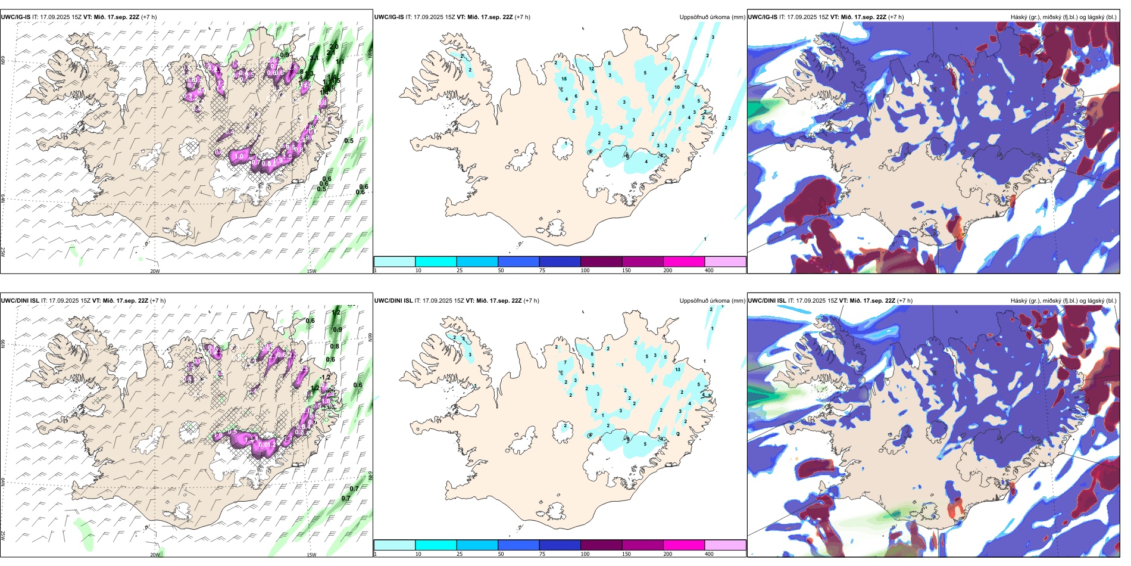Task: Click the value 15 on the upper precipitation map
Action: [x=564, y=79]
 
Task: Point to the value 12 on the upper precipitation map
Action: [x=591, y=69]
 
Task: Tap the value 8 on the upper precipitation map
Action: [x=609, y=63]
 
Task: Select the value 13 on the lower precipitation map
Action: [x=678, y=369]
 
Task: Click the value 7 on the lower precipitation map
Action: [x=565, y=362]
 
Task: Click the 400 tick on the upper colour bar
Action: [x=709, y=270]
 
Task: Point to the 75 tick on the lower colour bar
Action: [x=542, y=554]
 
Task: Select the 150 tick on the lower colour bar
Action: [x=626, y=554]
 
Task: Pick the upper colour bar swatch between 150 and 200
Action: [x=684, y=262]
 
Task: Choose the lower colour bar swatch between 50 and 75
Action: [x=518, y=545]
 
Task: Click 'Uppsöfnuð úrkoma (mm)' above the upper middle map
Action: [x=712, y=17]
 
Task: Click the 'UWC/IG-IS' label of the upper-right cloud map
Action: [x=763, y=17]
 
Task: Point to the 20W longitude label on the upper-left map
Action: [x=155, y=271]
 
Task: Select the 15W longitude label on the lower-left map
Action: [x=311, y=555]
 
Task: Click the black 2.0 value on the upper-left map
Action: [x=334, y=46]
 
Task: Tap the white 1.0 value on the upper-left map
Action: [x=239, y=156]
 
